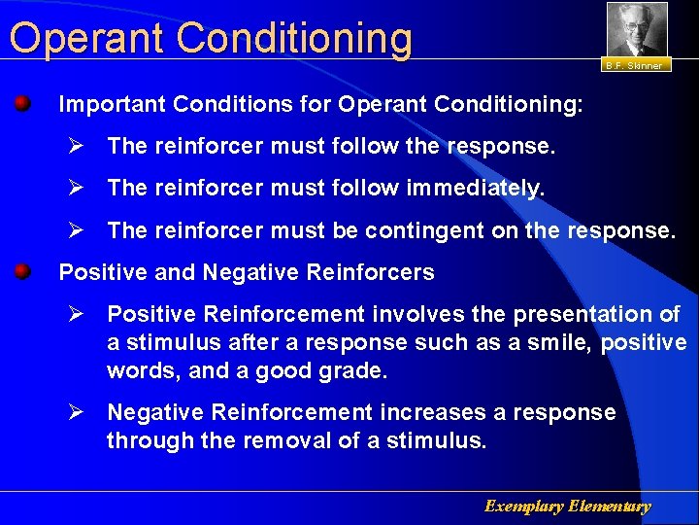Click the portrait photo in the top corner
pyautogui.click(x=637, y=29)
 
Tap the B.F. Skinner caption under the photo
pyautogui.click(x=633, y=66)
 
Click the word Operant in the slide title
pyautogui.click(x=88, y=39)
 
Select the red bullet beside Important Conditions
pyautogui.click(x=22, y=102)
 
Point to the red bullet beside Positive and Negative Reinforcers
pyautogui.click(x=22, y=271)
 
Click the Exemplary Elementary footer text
pyautogui.click(x=567, y=507)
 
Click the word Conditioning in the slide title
pyautogui.click(x=295, y=39)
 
